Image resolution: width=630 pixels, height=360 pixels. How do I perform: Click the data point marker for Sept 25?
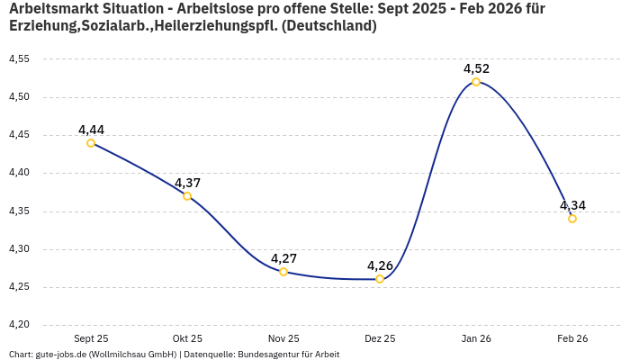[x=91, y=143]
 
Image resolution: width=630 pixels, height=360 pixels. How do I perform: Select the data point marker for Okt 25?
[x=187, y=196]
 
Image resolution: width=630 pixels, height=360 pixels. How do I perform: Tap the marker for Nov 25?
[x=283, y=272]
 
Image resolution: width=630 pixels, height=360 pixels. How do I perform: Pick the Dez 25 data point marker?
[x=380, y=279]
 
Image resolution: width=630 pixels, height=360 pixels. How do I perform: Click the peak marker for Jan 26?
[x=476, y=82]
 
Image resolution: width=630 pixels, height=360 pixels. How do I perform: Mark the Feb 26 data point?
[x=572, y=219]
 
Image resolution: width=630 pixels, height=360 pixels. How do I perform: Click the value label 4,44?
[x=91, y=130]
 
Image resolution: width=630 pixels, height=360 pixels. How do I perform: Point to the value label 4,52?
[x=476, y=68]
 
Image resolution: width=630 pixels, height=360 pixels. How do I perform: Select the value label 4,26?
[x=380, y=265]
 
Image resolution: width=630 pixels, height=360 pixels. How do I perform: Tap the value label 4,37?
[x=187, y=183]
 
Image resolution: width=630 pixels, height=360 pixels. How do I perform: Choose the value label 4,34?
[x=572, y=205]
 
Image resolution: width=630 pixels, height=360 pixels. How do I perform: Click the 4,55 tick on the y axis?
[x=19, y=59]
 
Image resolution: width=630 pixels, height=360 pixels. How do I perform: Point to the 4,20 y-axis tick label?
[x=19, y=325]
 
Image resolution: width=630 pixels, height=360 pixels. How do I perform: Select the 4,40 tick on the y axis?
[x=19, y=173]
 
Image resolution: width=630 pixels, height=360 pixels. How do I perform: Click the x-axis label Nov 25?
[x=283, y=338]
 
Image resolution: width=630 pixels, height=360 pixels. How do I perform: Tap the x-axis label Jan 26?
[x=476, y=338]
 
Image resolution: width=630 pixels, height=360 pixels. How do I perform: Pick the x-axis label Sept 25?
[x=91, y=338]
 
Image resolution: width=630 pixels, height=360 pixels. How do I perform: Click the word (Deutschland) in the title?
[x=328, y=26]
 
